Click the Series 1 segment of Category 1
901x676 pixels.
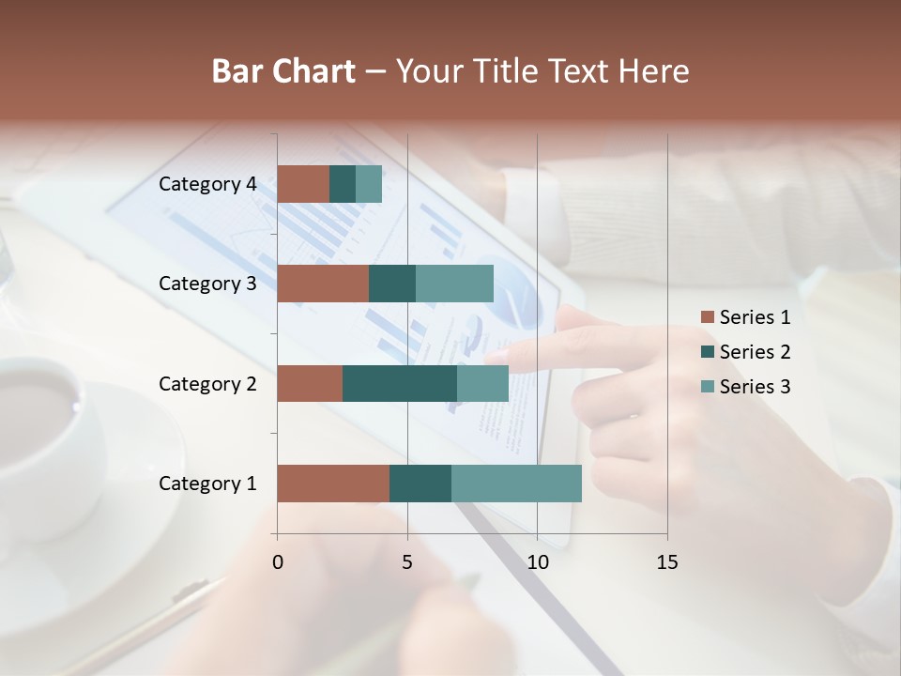click(333, 483)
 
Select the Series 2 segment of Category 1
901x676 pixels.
click(420, 483)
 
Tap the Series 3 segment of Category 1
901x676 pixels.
click(516, 483)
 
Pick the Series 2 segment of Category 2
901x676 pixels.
click(400, 383)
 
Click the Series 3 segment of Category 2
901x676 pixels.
click(482, 383)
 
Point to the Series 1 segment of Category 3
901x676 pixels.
click(323, 284)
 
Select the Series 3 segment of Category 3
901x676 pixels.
click(454, 284)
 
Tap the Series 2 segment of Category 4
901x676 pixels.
click(343, 184)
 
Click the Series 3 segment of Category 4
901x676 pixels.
click(369, 184)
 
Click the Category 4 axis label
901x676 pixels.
click(207, 184)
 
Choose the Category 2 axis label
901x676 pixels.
click(207, 383)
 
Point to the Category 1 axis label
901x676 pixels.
click(207, 484)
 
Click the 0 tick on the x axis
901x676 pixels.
click(278, 562)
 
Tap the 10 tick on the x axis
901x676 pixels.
click(537, 562)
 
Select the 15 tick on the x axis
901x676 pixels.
click(667, 562)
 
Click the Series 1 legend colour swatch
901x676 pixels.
click(707, 317)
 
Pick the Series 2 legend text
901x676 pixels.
click(755, 352)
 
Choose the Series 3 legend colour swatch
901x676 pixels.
click(707, 387)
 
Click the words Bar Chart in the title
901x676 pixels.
click(283, 71)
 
